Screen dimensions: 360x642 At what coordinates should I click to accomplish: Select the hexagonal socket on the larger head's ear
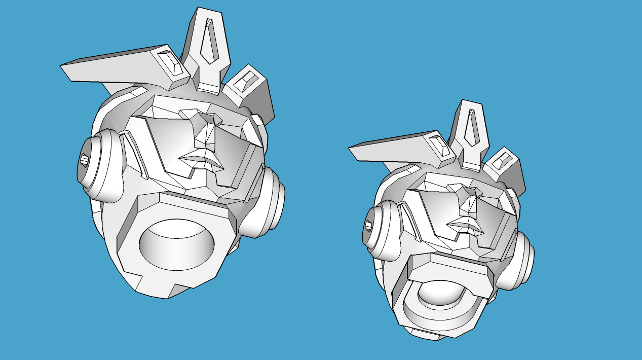[84, 160]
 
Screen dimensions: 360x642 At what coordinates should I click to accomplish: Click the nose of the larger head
[207, 132]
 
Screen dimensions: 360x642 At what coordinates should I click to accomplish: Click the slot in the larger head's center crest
[209, 43]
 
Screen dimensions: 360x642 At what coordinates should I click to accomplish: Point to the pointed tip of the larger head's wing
[62, 66]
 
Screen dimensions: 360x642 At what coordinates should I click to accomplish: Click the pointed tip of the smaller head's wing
[350, 148]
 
